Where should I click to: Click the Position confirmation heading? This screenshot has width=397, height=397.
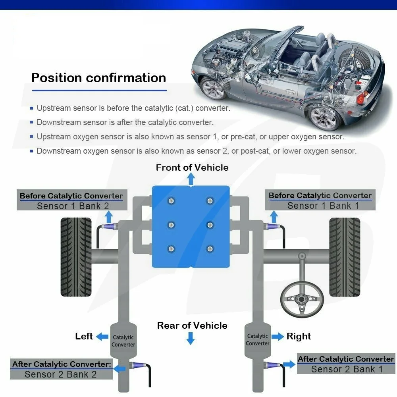pos(98,77)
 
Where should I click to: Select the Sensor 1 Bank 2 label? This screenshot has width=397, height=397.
pos(73,206)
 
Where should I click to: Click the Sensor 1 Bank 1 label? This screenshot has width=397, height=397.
pos(323,206)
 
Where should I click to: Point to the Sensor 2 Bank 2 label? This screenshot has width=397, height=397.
pos(60,374)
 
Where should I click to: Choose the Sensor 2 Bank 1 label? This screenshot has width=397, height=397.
pos(347,369)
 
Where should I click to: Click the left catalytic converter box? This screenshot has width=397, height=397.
pos(123,341)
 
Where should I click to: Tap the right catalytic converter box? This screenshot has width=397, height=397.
pos(258,339)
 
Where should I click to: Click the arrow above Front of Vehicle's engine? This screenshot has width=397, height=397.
pos(191,180)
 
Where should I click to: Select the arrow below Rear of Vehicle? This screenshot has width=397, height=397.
pos(191,339)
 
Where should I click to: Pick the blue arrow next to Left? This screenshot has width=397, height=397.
pos(103,337)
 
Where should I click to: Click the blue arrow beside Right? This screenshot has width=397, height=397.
pos(277,336)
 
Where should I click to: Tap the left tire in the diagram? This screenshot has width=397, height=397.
pos(77,257)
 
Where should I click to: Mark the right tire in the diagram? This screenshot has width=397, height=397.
pos(344,257)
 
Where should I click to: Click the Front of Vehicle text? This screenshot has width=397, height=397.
pos(192,168)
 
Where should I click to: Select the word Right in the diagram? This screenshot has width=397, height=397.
pos(299,336)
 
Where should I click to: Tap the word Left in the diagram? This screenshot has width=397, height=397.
pos(84,336)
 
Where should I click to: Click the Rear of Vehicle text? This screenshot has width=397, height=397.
pos(192,326)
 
